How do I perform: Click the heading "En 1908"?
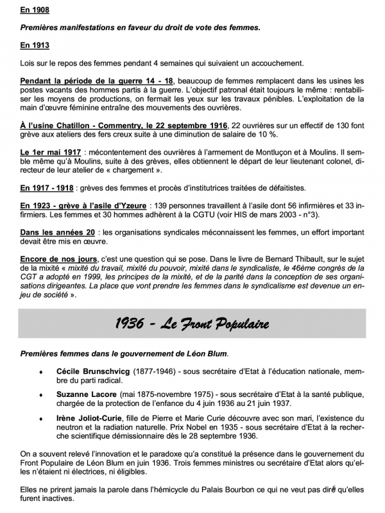tap(35, 11)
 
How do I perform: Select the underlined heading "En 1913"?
tap(35, 46)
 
